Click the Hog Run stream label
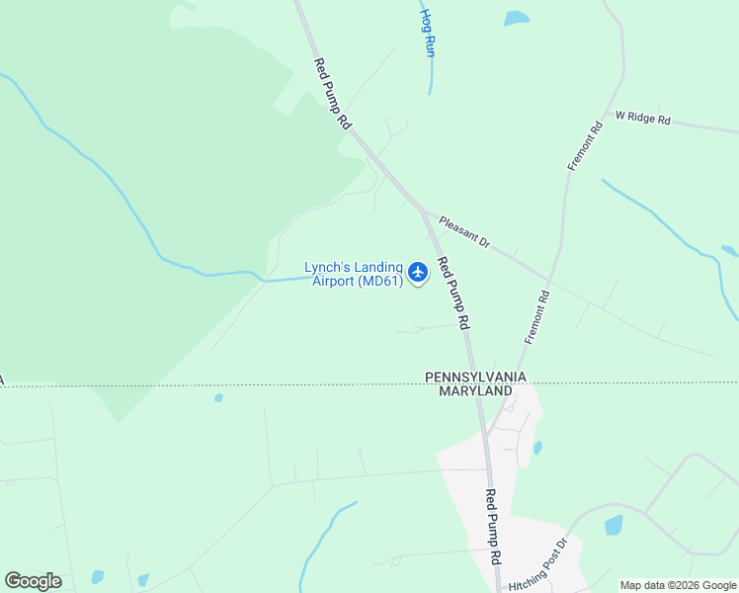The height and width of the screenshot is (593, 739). point(428,34)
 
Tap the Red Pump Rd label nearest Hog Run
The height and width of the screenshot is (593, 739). point(333,94)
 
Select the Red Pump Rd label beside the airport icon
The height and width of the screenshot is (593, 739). point(452,294)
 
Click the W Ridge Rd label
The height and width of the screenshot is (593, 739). point(642,119)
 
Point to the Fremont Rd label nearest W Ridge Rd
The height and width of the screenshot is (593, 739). point(584,146)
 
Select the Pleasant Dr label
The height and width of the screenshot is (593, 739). point(464,233)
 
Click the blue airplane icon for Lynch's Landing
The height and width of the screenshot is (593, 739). point(418,271)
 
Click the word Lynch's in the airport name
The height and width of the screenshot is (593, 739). point(329,267)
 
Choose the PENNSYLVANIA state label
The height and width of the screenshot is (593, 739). point(475,378)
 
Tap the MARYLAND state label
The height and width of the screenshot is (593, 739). point(475,391)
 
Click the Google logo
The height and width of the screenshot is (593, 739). point(33,581)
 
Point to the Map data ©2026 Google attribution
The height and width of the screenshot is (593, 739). point(678,585)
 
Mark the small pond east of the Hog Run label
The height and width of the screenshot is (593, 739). point(516,18)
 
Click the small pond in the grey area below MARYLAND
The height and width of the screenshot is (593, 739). point(537,448)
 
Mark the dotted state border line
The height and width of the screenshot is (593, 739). point(247,384)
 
